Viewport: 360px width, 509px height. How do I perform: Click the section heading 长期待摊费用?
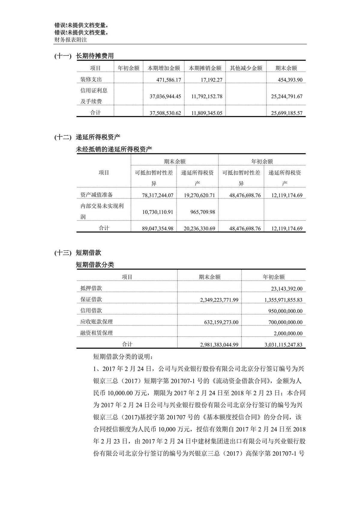coord(95,56)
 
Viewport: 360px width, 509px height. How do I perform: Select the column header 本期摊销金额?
coord(205,68)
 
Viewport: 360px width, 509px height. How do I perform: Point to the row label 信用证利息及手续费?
coord(94,96)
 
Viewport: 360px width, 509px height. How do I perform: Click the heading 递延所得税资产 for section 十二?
coord(98,137)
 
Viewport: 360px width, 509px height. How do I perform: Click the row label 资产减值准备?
coord(97,195)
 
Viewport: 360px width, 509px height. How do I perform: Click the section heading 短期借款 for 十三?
coord(88,253)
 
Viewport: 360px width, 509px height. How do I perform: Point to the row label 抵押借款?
coord(91,288)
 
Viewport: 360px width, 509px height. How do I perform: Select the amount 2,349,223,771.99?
coord(219,300)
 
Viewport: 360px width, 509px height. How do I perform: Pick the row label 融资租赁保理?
coord(97,333)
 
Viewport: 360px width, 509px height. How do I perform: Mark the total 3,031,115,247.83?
coord(283,345)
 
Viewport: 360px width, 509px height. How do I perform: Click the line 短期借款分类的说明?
coord(123,357)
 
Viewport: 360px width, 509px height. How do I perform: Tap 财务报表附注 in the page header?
coord(70,40)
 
